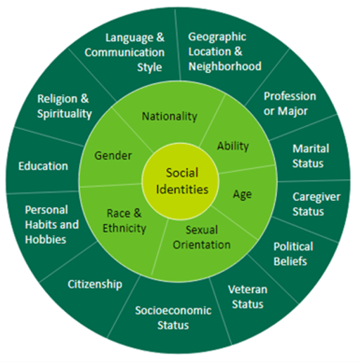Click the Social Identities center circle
tap(181, 181)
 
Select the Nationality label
tap(169, 117)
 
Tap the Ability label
tap(233, 146)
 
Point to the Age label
tap(243, 195)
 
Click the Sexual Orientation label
tap(202, 238)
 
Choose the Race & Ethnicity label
tap(124, 221)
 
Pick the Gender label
tap(113, 155)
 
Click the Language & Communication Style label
tap(124, 52)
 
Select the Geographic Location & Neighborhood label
tap(225, 51)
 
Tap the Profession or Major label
tap(290, 104)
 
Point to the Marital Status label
tap(311, 156)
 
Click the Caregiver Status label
tap(316, 204)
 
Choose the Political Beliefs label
tap(293, 254)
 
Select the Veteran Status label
tap(247, 297)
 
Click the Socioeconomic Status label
tap(173, 318)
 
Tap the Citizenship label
tap(95, 285)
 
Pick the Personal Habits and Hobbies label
tap(52, 225)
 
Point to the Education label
tap(43, 166)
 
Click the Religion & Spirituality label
tap(65, 106)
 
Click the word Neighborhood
tap(225, 66)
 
